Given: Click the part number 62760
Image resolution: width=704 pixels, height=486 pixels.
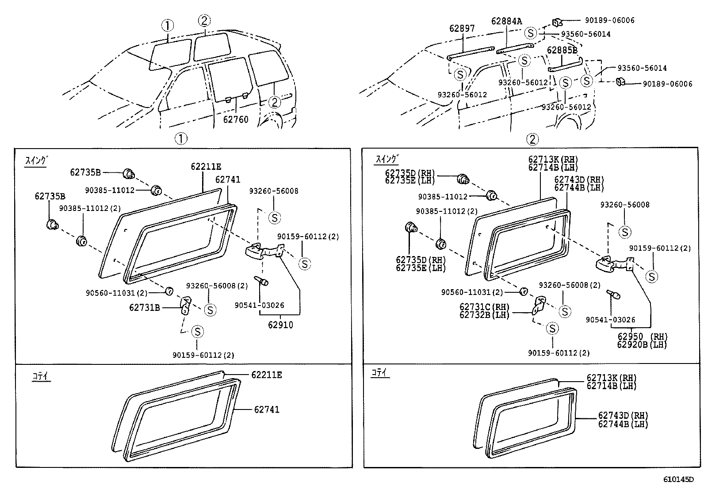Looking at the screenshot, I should click(x=236, y=119).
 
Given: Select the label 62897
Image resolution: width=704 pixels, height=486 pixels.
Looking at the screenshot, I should click(x=462, y=28).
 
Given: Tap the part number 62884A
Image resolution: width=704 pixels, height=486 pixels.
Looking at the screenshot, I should click(x=506, y=21).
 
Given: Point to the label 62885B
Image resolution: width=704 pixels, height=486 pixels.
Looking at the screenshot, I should click(x=562, y=50).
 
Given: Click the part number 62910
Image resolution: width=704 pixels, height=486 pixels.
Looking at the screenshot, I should click(x=280, y=325).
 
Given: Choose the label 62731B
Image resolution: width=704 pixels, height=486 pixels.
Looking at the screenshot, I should click(x=145, y=307).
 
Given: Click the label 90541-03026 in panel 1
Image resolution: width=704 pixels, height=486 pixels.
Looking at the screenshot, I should click(x=259, y=305).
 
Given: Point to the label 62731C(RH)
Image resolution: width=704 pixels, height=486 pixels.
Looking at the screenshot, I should click(x=484, y=307).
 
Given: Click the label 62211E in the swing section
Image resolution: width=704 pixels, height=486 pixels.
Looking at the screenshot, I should click(x=206, y=167).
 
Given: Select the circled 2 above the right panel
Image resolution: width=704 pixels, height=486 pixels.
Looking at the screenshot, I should click(x=532, y=139).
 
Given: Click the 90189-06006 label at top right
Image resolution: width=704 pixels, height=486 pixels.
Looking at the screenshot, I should click(x=609, y=20).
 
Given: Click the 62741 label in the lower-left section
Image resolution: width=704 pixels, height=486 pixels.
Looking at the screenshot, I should click(x=266, y=410).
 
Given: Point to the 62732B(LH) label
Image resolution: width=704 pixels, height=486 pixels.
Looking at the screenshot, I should click(x=484, y=315).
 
